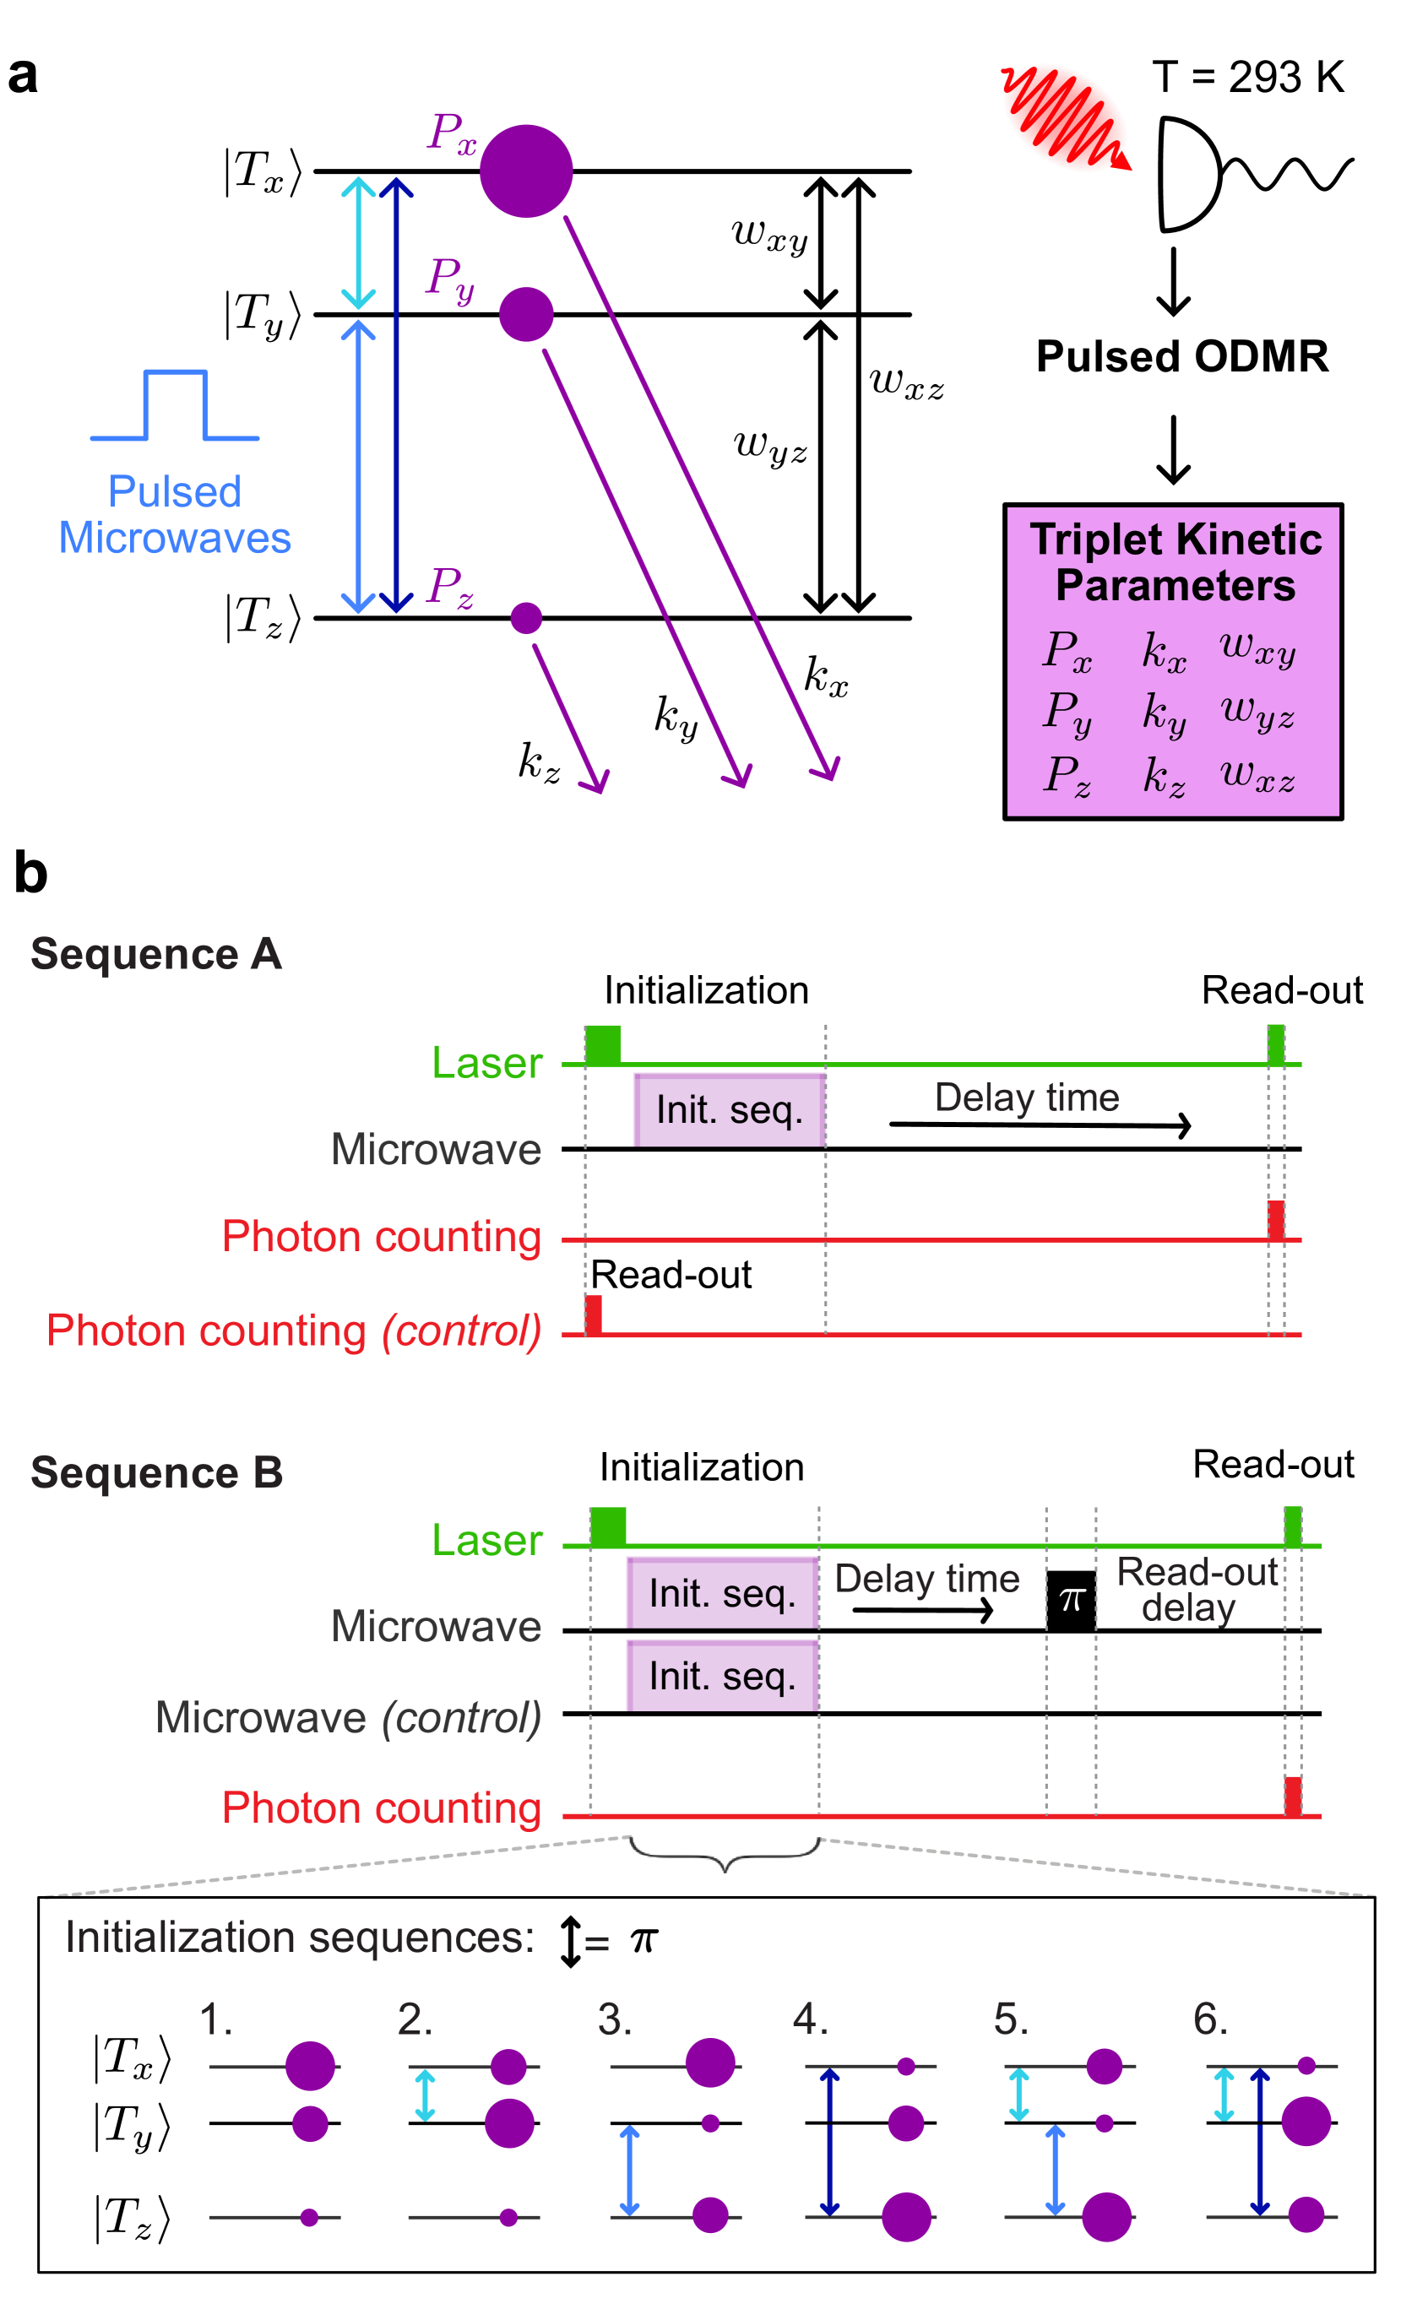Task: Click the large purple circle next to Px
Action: pos(526,171)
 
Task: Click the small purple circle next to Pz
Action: pos(526,617)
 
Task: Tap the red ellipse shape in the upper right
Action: pos(1065,118)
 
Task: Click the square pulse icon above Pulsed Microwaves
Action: pos(176,405)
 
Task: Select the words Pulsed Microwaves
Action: pos(176,514)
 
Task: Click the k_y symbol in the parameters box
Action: pos(1164,713)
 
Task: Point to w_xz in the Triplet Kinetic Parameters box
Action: pos(1257,775)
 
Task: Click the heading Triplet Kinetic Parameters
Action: pos(1176,561)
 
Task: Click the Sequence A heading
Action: pos(156,954)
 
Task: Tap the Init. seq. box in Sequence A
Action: pos(729,1109)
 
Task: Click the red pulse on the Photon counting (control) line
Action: pos(593,1314)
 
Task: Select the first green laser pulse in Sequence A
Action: pos(603,1044)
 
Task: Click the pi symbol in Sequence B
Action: pos(1072,1598)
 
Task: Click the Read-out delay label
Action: pos(1196,1590)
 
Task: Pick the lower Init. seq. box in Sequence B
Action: pos(721,1677)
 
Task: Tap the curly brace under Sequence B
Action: pos(725,1851)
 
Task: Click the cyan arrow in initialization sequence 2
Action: pos(425,2095)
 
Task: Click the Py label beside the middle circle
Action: pos(451,279)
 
